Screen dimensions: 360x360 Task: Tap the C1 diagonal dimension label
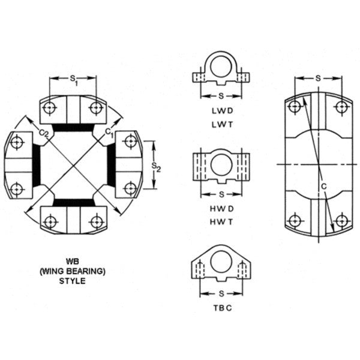(109, 131)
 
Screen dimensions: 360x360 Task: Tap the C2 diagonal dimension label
(43, 131)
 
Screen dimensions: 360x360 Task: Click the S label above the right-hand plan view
(317, 79)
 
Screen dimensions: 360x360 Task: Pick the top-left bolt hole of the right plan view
(294, 107)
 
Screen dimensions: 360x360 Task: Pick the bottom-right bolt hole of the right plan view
(341, 219)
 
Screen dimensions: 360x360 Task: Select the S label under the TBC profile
(221, 293)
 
